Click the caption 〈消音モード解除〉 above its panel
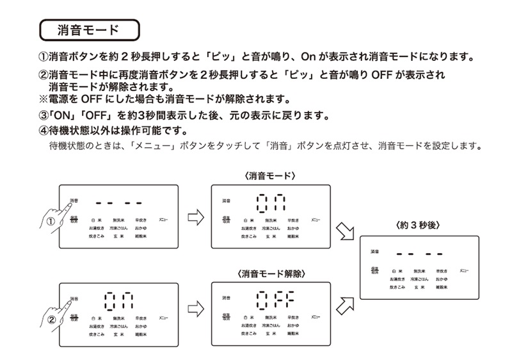(271, 274)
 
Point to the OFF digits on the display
(276, 299)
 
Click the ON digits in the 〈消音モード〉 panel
(271, 204)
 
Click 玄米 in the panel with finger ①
(119, 236)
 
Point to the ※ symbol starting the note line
(43, 99)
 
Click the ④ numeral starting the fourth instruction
(43, 132)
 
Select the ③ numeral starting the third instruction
(43, 116)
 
